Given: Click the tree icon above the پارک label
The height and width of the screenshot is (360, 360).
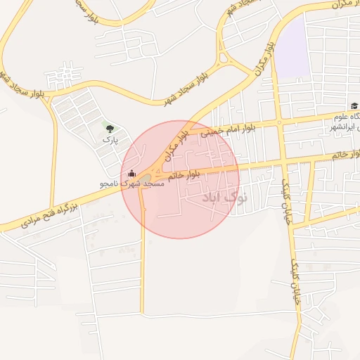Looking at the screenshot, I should click(108, 129).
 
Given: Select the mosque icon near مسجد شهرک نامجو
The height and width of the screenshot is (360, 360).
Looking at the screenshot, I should click(132, 173).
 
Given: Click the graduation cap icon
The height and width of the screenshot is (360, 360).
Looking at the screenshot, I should click(354, 105).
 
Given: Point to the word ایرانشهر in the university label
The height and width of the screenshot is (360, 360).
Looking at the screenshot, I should click(345, 127).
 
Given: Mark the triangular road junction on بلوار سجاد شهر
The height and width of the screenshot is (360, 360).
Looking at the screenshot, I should click(226, 58).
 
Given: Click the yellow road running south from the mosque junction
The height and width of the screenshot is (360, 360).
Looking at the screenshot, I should click(143, 267).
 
